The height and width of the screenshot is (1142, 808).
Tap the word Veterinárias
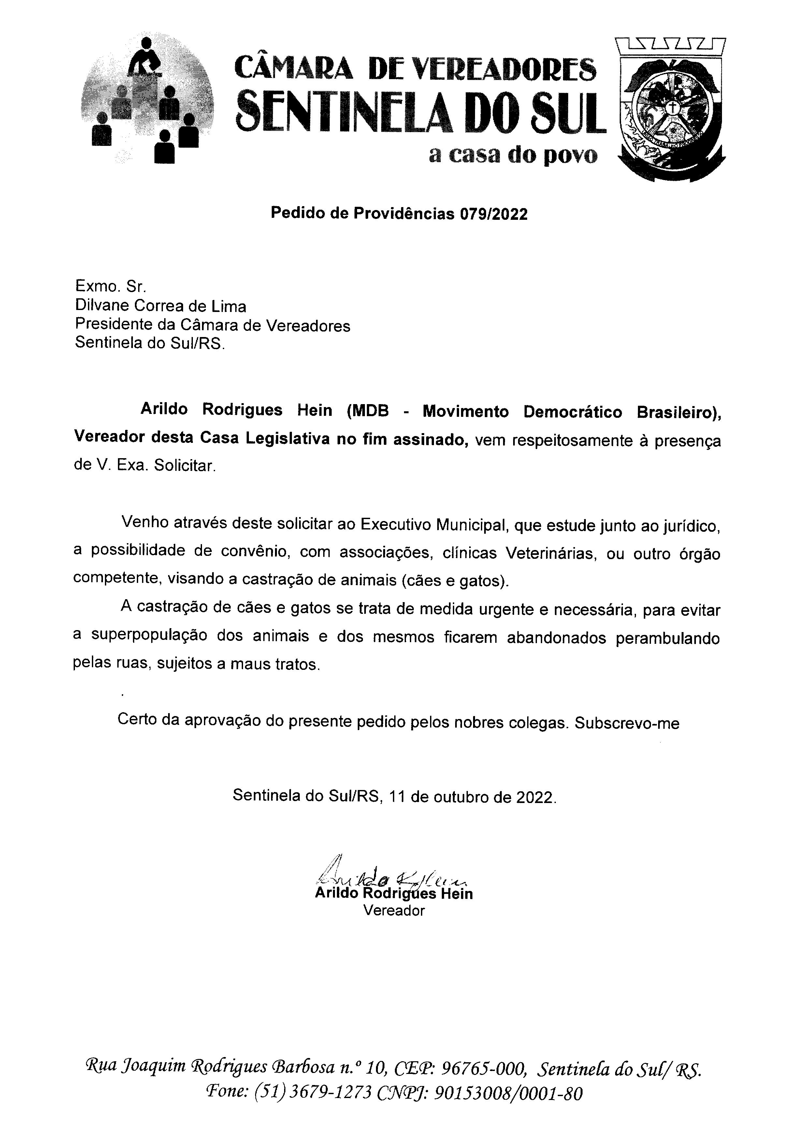(551, 553)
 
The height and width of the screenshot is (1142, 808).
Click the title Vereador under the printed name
(394, 911)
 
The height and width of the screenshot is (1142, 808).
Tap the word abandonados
(556, 638)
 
